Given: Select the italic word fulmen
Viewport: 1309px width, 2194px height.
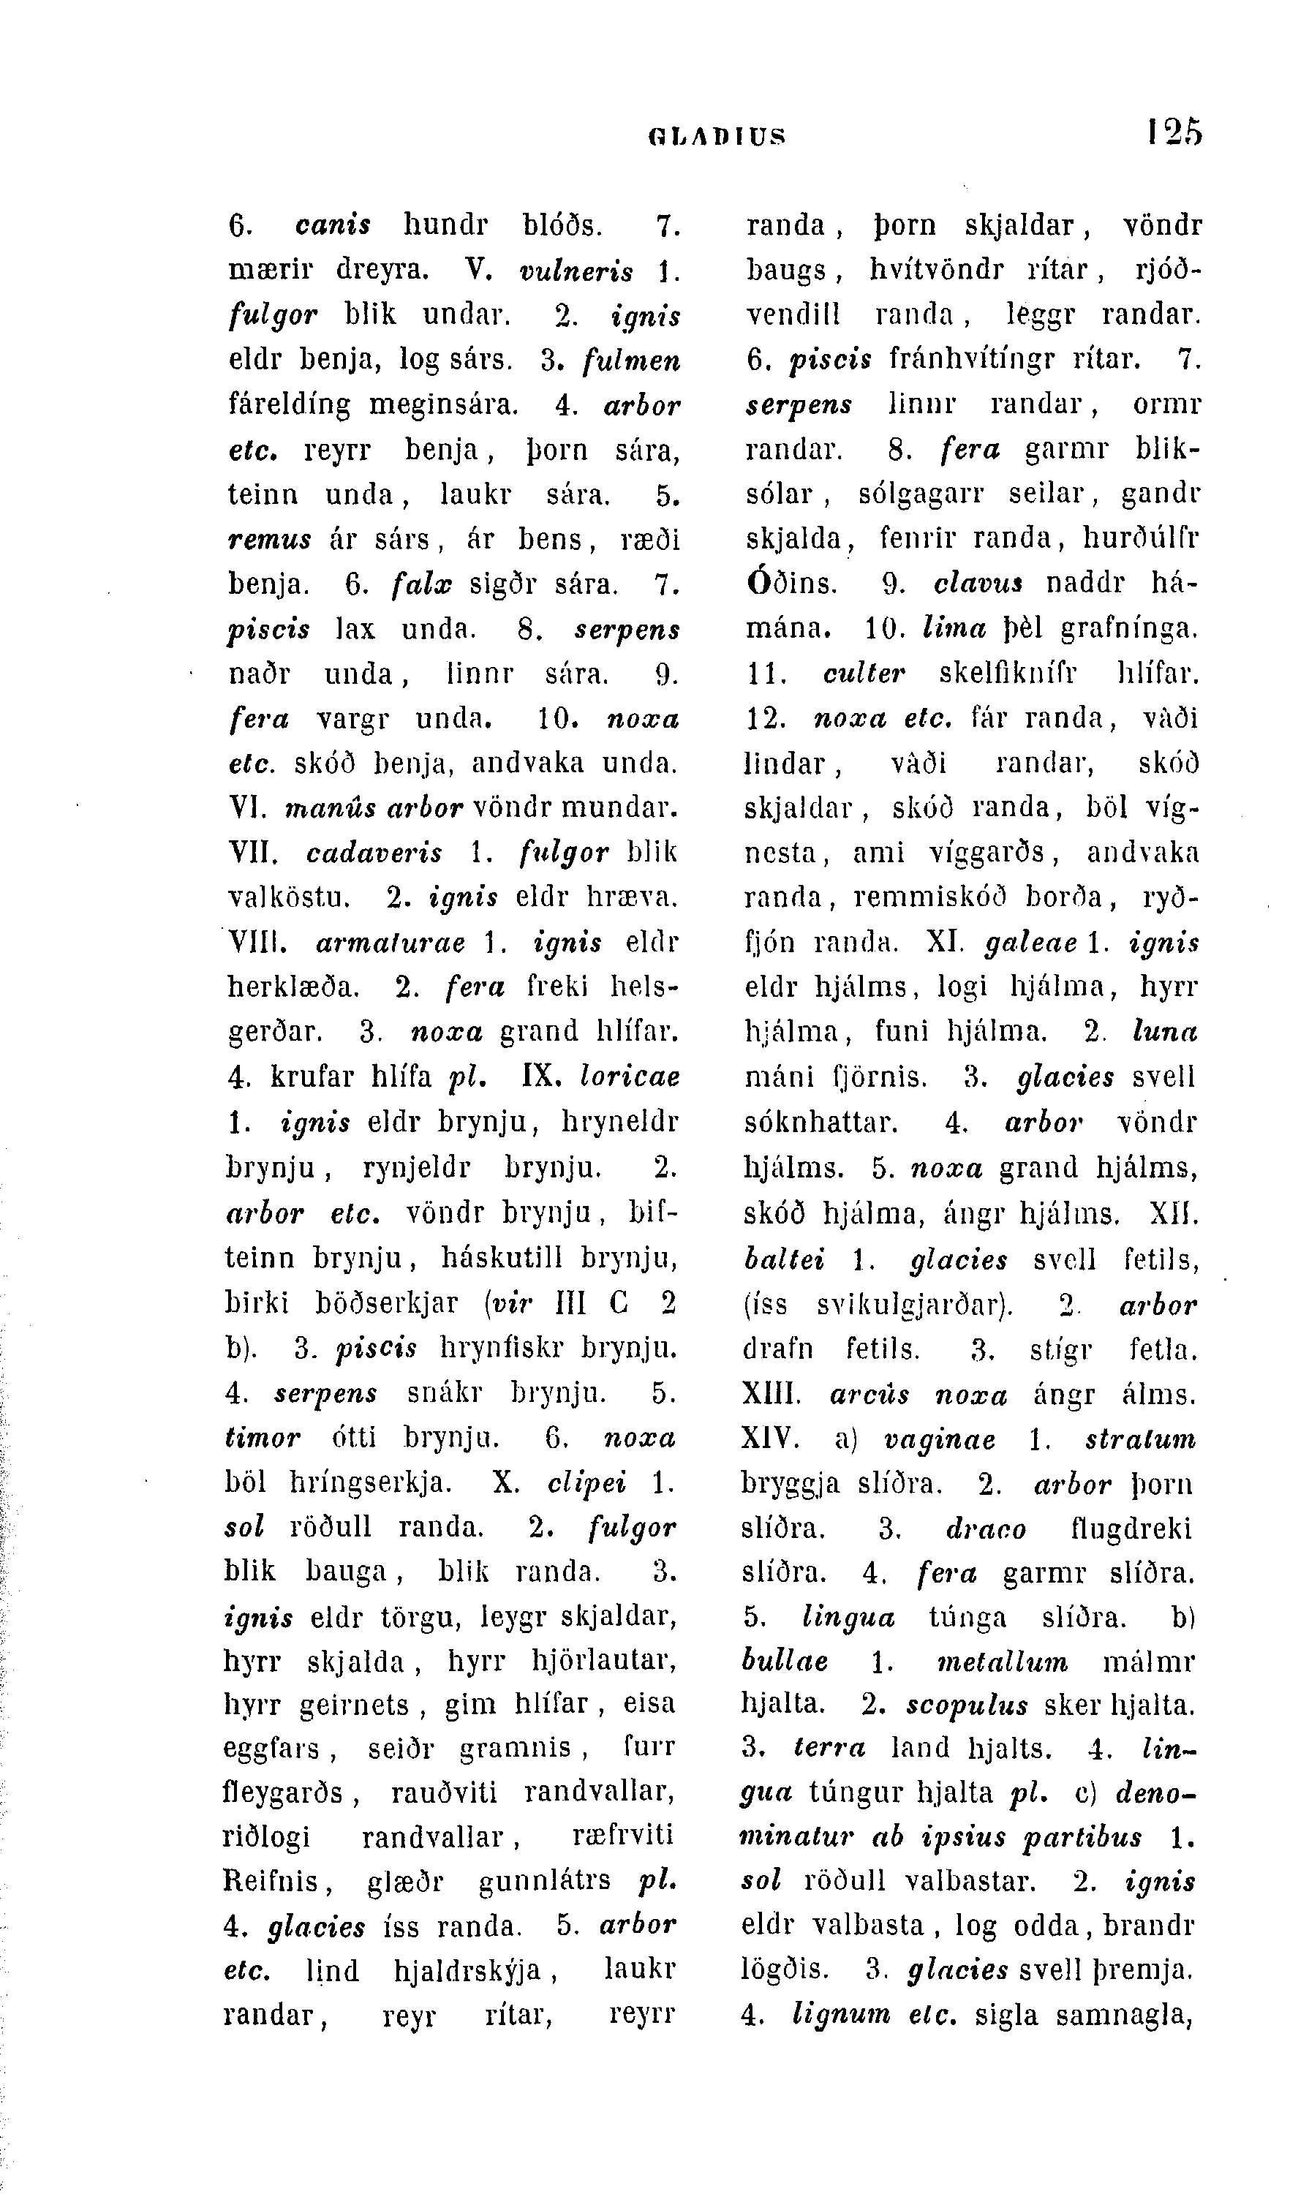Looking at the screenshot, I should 632,362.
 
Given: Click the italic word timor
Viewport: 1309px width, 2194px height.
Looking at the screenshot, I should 262,1437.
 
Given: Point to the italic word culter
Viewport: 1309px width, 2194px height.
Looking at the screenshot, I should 864,675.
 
